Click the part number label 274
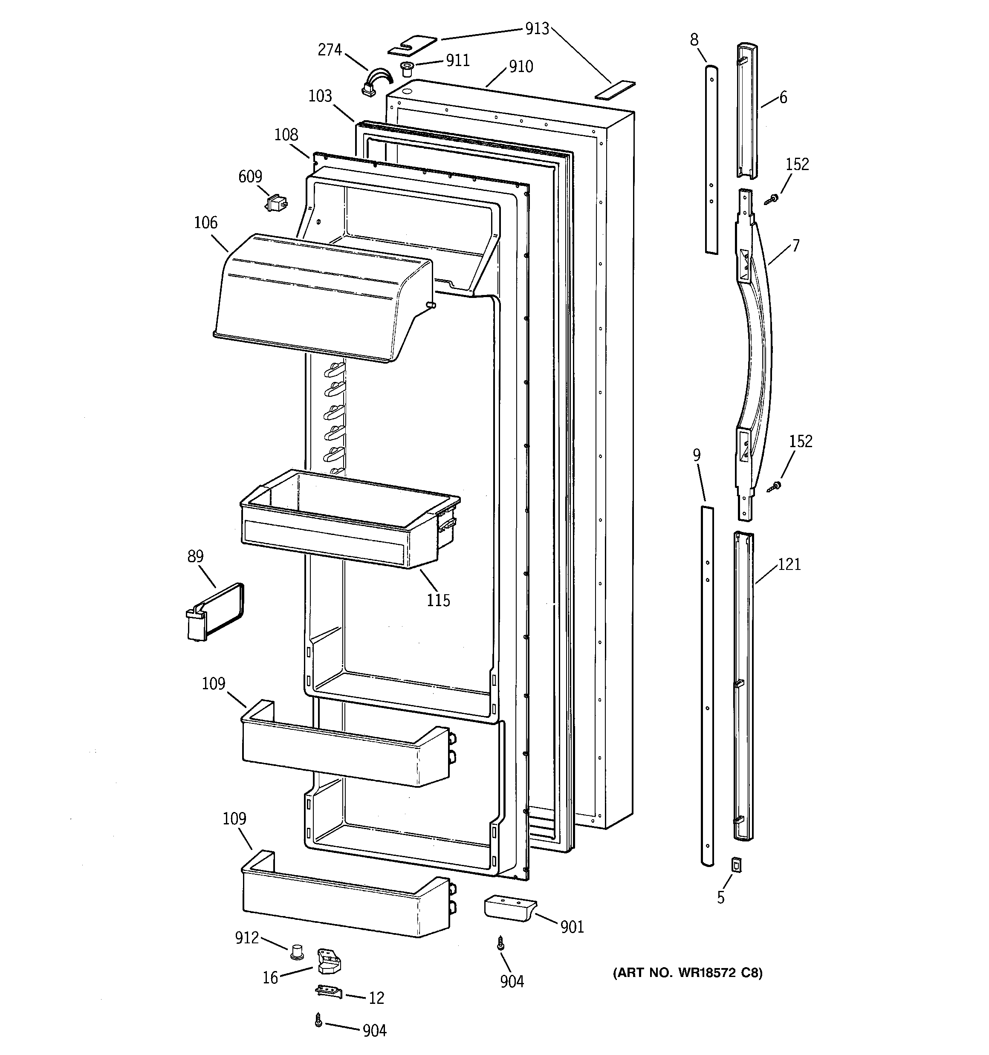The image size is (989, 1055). coord(329,50)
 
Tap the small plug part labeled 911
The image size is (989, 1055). coord(407,69)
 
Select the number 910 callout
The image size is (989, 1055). coord(521,67)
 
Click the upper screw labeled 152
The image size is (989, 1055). coord(771,199)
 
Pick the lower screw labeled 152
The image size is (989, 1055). coord(775,486)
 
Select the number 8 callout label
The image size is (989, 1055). coord(694,40)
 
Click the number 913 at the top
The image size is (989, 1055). coord(537,29)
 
